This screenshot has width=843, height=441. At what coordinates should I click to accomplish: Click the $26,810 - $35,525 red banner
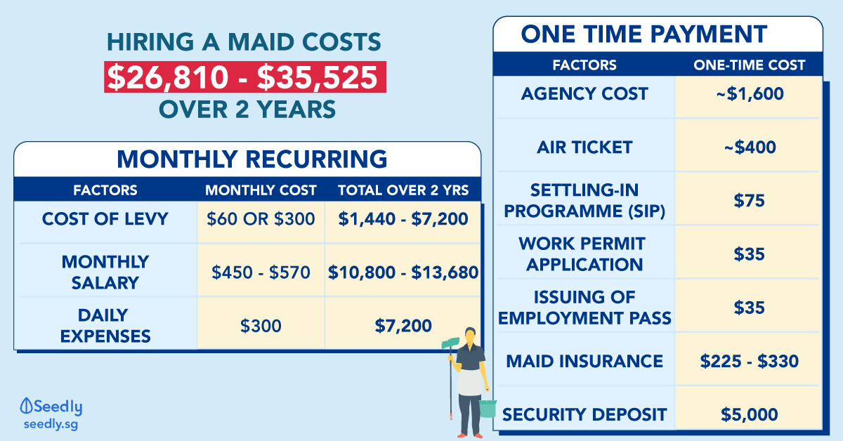(x=244, y=78)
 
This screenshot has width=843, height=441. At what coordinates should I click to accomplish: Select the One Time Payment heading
(x=644, y=34)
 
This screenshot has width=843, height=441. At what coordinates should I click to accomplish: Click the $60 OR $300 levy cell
(x=261, y=219)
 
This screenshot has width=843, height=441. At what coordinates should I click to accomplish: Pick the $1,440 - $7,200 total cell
(x=403, y=219)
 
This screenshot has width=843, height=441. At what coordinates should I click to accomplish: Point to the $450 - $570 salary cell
(x=261, y=272)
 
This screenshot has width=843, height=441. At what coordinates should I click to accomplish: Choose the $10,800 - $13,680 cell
(x=403, y=272)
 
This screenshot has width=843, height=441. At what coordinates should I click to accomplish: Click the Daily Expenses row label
(x=105, y=325)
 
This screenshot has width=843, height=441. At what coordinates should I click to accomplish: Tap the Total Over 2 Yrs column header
(x=403, y=190)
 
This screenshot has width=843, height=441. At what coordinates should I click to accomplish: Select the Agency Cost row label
(x=584, y=94)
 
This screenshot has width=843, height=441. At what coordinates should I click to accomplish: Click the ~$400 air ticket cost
(x=749, y=147)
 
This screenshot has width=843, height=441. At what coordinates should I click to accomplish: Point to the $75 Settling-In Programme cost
(x=749, y=200)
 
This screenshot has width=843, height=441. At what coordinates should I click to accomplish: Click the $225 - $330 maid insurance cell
(x=749, y=361)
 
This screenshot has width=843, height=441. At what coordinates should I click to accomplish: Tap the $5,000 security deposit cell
(x=749, y=414)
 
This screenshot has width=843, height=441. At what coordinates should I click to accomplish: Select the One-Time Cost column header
(x=749, y=65)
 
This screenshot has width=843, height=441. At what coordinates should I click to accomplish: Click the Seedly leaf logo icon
(x=27, y=406)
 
